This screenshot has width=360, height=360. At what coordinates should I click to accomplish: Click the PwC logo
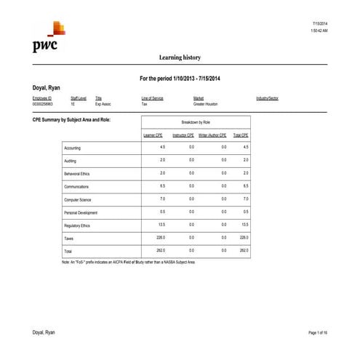(x=45, y=39)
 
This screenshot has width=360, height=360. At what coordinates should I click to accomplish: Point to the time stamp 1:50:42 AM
(x=318, y=31)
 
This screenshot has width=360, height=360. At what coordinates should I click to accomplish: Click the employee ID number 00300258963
(x=42, y=104)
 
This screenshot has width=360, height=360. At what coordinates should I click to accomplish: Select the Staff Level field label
(x=78, y=97)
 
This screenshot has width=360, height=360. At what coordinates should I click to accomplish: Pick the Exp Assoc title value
(x=103, y=104)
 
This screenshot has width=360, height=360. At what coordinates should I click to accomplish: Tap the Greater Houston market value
(x=207, y=104)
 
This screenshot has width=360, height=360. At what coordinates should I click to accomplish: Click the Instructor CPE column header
(x=183, y=135)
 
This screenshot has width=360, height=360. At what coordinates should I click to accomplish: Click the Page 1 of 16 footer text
(x=318, y=332)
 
